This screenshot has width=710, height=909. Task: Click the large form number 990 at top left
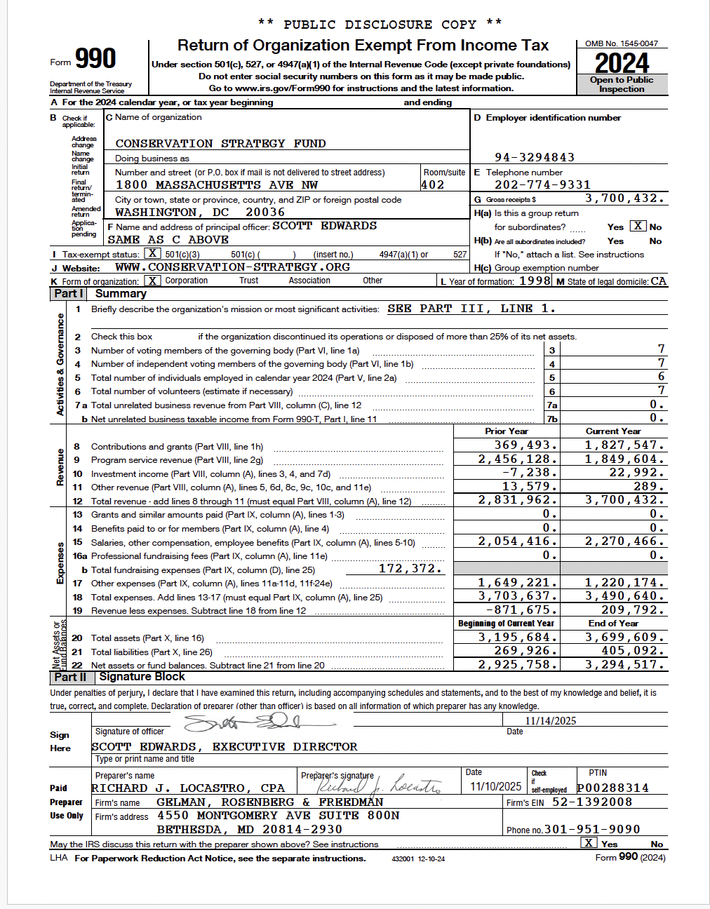pos(95,59)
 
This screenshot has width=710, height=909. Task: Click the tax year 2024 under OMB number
pos(622,64)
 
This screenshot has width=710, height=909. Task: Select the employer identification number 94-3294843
pos(535,157)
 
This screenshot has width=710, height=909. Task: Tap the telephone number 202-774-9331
pos(542,185)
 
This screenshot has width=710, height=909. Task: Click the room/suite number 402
pos(433,185)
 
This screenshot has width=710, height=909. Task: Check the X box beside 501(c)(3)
pos(153,254)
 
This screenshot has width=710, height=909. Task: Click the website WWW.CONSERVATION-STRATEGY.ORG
pos(232,267)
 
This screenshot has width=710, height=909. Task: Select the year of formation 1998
pos(535,281)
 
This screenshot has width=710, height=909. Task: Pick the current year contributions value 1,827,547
pos(624,445)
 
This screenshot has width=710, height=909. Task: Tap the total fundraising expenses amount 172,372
pos(410,569)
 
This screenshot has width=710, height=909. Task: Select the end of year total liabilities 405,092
pos(624,651)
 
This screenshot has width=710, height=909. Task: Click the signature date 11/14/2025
pos(551,721)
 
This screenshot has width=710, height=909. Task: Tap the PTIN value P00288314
pos(612,788)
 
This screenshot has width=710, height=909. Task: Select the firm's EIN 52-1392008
pos(592,802)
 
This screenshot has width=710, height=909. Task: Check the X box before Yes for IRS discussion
pos(589,843)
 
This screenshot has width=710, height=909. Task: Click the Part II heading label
pos(70,677)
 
